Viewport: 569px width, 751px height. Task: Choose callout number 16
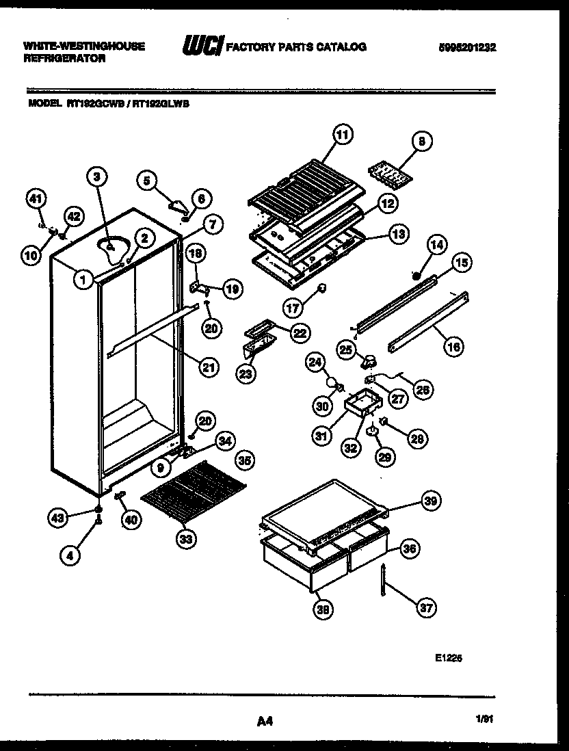click(453, 347)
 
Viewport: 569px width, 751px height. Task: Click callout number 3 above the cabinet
click(98, 176)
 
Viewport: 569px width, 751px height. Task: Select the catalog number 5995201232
click(468, 47)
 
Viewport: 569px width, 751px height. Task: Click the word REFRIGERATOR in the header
click(65, 59)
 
